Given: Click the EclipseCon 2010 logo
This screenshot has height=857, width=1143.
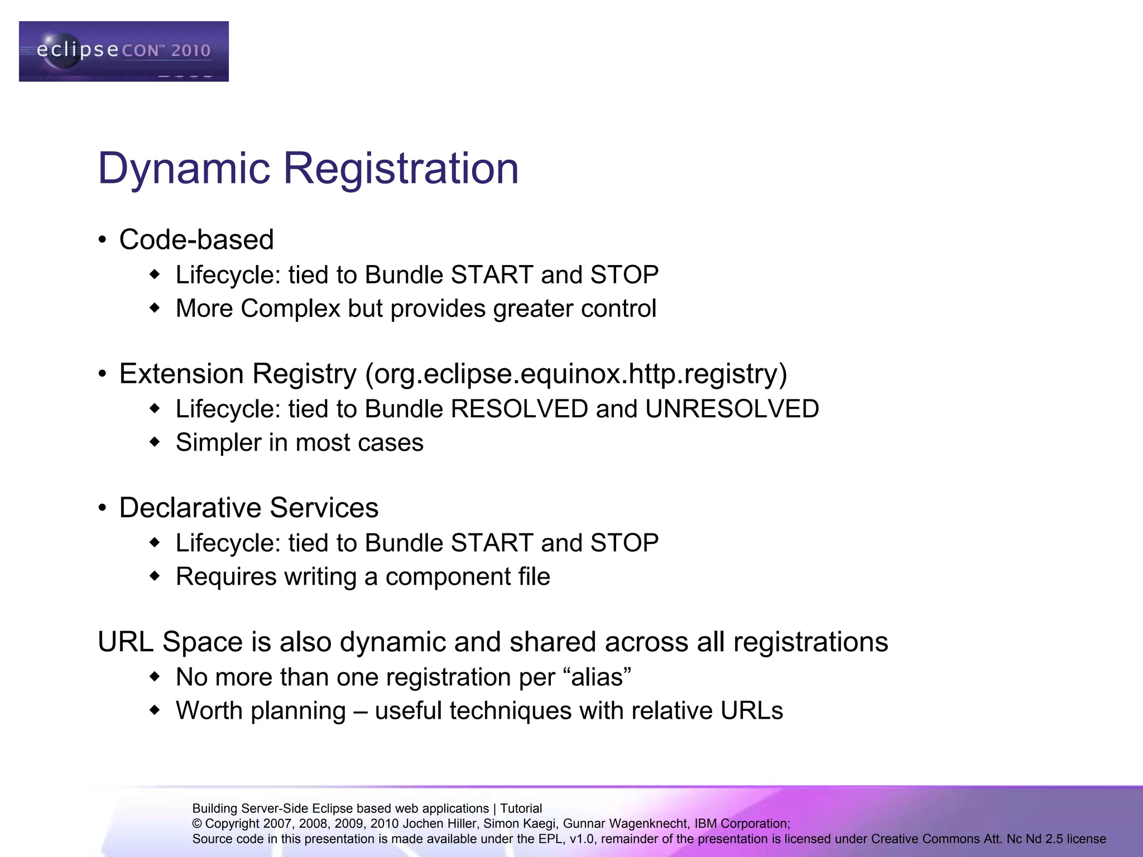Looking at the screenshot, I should (123, 51).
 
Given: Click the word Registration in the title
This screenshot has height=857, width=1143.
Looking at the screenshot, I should (401, 168).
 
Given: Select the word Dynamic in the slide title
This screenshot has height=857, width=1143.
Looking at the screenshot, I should (184, 168).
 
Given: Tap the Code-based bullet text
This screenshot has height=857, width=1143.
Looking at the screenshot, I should (196, 240).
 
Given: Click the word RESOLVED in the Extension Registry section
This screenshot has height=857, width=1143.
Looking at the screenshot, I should (519, 409).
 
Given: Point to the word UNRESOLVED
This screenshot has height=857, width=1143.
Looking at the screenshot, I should (732, 409).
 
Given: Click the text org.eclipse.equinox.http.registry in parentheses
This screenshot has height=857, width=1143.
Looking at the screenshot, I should (577, 374).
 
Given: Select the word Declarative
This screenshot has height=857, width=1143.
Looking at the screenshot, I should (190, 508).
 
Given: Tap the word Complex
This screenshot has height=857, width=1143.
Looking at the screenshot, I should (290, 309).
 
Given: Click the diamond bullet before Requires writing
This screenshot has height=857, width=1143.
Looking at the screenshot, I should (155, 576).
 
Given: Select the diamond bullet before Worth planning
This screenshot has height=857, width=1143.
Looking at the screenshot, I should (155, 710).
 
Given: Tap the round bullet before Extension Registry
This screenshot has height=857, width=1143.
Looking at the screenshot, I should (102, 374).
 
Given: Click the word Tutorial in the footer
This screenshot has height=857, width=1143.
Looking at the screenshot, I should (521, 808).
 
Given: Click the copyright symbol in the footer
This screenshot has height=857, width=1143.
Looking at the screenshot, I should (197, 824).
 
